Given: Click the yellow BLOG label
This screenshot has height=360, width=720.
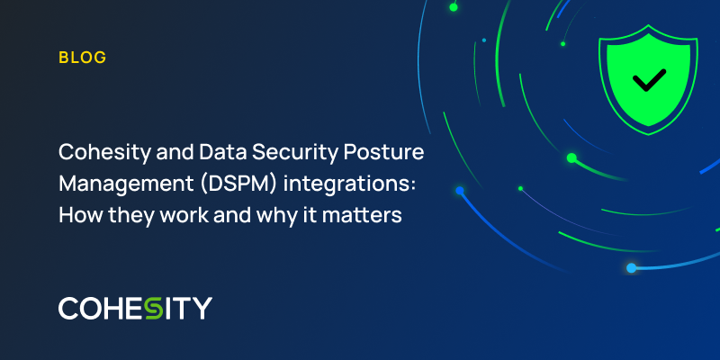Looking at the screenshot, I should pos(83,58).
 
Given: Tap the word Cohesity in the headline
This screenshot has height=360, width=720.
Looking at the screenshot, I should pos(102,151).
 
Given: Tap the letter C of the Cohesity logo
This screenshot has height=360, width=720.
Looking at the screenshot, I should pos(69,308).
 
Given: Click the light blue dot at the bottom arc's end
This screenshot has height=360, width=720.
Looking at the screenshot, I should pos(631,268).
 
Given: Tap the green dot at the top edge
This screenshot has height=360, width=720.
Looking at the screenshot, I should pos(454,7).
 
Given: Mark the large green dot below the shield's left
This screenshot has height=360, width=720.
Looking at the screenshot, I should pos(571,157).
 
